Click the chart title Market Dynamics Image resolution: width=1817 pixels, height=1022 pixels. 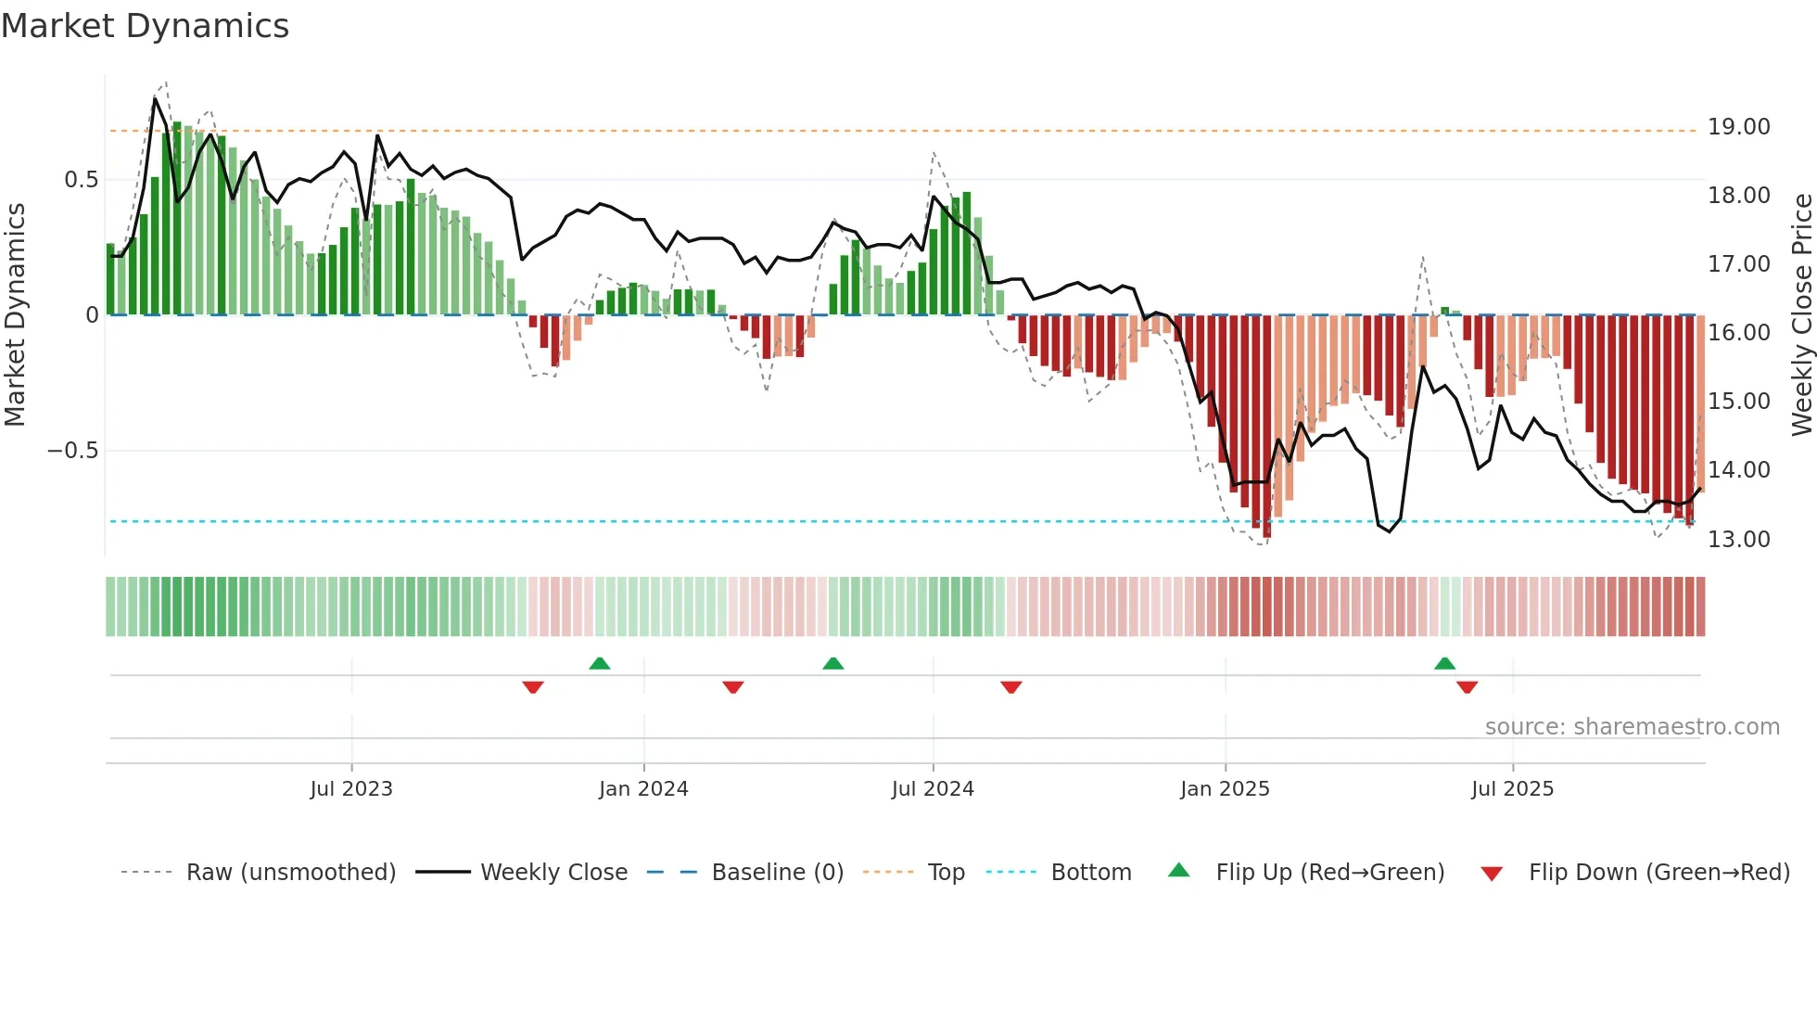point(145,26)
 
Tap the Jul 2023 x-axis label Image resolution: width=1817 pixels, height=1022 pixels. point(351,789)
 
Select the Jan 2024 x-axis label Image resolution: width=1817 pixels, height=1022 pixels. point(643,789)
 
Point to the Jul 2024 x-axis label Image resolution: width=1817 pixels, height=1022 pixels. point(933,789)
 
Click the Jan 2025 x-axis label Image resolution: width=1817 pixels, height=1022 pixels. point(1225,789)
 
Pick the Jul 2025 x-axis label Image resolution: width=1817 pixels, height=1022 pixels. point(1512,789)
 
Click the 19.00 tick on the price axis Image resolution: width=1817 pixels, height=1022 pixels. point(1738,127)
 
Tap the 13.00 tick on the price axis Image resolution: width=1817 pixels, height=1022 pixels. point(1738,540)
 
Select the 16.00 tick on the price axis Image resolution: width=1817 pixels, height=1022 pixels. point(1738,333)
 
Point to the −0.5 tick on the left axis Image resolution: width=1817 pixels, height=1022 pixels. point(72,451)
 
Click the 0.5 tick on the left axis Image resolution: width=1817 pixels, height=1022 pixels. point(81,180)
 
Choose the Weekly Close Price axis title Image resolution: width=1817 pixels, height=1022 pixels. point(1801,314)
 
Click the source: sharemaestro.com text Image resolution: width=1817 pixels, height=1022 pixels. point(1632,727)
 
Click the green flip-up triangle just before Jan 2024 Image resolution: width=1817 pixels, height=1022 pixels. point(600,663)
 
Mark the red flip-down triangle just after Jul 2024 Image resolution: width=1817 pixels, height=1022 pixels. point(1011,687)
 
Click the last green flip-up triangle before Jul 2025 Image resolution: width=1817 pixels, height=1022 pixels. point(1444,663)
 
